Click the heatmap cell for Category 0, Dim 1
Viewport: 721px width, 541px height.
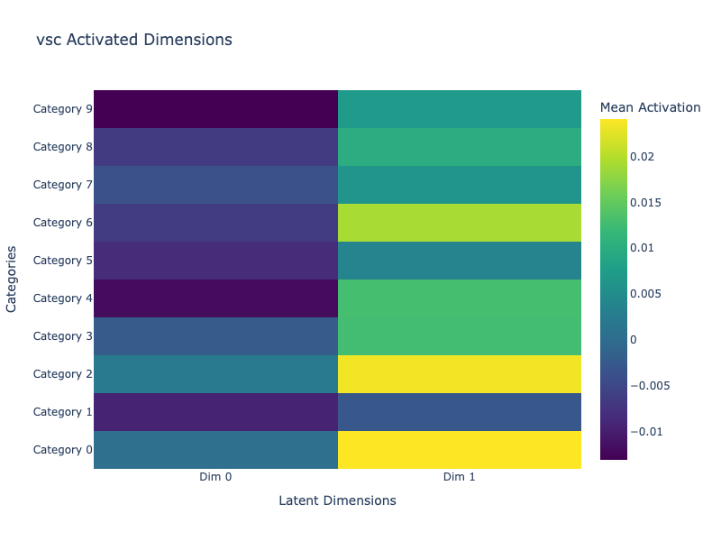coord(460,450)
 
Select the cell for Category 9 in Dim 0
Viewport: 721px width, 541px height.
coord(215,109)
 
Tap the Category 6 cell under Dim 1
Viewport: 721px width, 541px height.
coord(460,223)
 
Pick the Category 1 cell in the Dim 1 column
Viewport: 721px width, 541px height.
coord(460,412)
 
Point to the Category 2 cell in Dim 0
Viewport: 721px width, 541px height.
coord(215,374)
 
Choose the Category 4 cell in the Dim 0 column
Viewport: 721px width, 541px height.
coord(215,298)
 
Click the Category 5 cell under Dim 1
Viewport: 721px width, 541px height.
coord(460,261)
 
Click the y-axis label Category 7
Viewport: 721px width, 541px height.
coord(62,185)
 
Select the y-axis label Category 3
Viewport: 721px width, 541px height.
coord(62,336)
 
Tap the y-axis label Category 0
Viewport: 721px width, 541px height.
coord(62,450)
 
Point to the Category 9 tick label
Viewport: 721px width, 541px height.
coord(62,109)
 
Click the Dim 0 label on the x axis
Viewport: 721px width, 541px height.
coord(215,477)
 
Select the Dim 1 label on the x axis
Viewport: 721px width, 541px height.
coord(460,477)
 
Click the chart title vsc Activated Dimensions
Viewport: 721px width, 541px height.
coord(134,40)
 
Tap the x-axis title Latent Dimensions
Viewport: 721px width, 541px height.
coord(337,500)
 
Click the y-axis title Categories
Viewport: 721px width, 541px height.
coord(12,280)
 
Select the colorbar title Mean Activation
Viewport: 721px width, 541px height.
coord(650,107)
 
